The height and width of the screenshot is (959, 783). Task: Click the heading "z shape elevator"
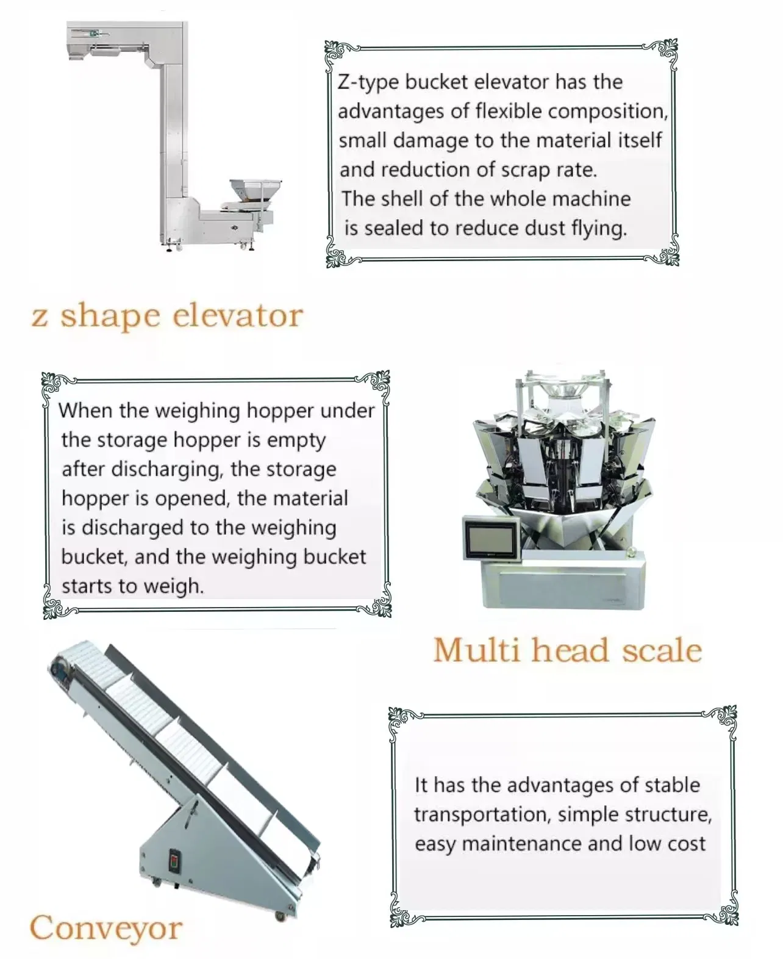point(166,315)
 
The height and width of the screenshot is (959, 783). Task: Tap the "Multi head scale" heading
point(568,650)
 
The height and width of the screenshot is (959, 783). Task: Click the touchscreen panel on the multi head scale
point(492,538)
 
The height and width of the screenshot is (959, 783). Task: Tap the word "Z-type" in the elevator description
point(368,83)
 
